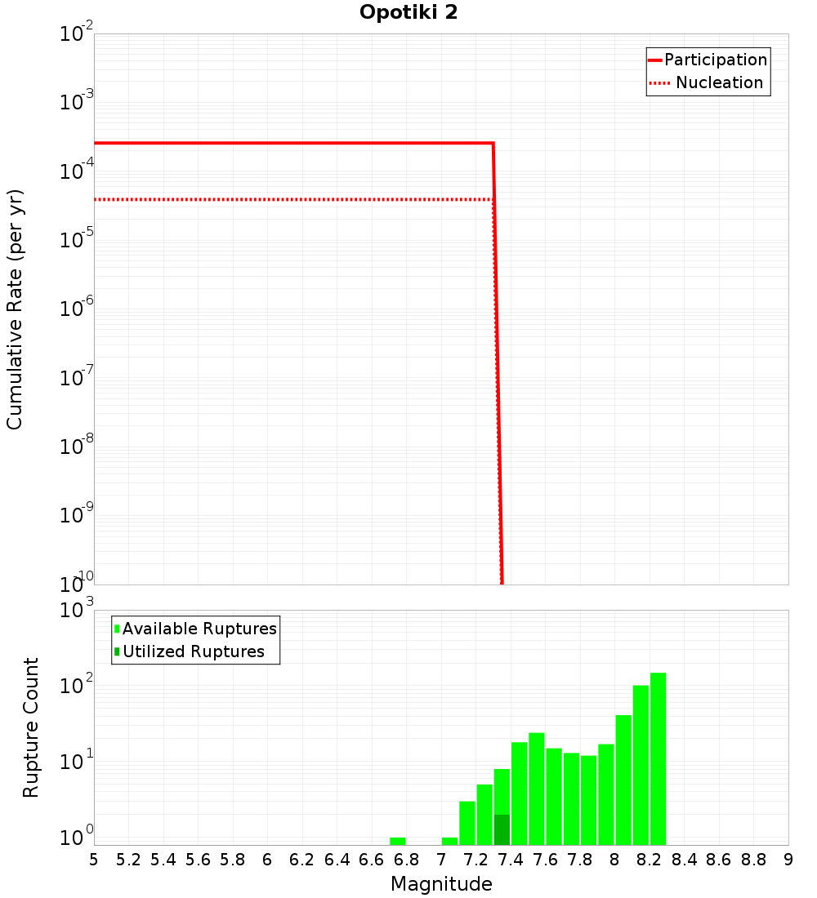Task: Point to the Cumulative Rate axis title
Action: [x=15, y=309]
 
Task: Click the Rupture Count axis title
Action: [x=31, y=727]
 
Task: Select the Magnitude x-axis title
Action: [x=441, y=884]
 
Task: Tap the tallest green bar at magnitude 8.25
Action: [x=659, y=759]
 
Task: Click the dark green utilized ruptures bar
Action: [x=502, y=829]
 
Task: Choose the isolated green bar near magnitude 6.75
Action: [x=398, y=841]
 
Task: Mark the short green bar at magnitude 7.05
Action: [x=449, y=841]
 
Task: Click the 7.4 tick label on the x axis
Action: [x=511, y=860]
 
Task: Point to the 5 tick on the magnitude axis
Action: [x=94, y=860]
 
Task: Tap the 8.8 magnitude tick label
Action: [x=753, y=860]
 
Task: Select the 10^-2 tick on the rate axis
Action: [x=77, y=35]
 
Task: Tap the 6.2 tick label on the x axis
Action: [x=302, y=860]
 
